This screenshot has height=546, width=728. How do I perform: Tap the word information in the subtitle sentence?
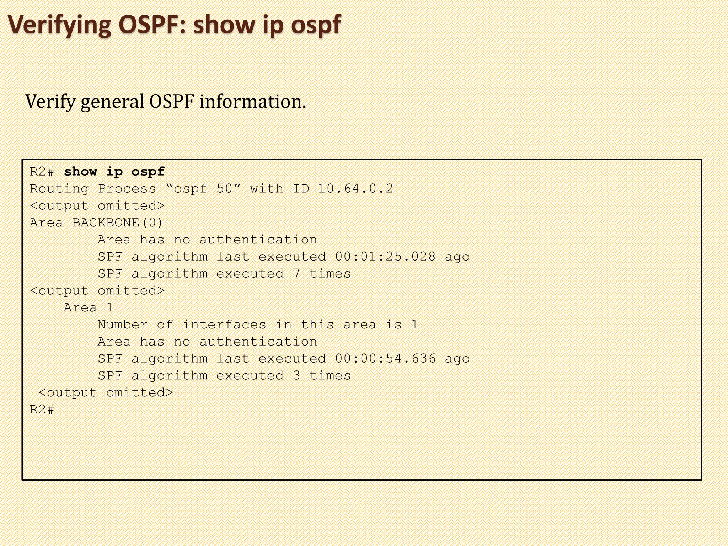point(252,102)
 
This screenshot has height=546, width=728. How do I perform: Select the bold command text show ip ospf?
point(114,172)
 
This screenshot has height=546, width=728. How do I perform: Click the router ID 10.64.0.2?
point(355,189)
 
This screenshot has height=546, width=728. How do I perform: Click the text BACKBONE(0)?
point(118,223)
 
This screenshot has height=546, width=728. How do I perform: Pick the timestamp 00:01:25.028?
point(385,257)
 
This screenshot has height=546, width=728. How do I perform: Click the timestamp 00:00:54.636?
point(385,359)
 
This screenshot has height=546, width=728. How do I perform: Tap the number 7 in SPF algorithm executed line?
point(296,274)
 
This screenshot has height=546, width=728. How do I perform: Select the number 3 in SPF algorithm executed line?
point(296,376)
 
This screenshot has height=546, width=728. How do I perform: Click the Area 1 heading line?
point(89,308)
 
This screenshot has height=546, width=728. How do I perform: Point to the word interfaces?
point(224,325)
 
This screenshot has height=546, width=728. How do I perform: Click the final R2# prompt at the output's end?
point(42,410)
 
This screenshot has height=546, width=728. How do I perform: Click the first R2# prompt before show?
point(42,172)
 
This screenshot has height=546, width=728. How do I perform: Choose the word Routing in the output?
point(59,189)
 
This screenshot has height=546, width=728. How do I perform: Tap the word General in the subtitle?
point(112,102)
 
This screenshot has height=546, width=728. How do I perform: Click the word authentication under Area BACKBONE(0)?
point(258,240)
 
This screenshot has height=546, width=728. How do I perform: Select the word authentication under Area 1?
point(258,342)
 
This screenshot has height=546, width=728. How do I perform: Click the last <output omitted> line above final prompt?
point(106,393)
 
